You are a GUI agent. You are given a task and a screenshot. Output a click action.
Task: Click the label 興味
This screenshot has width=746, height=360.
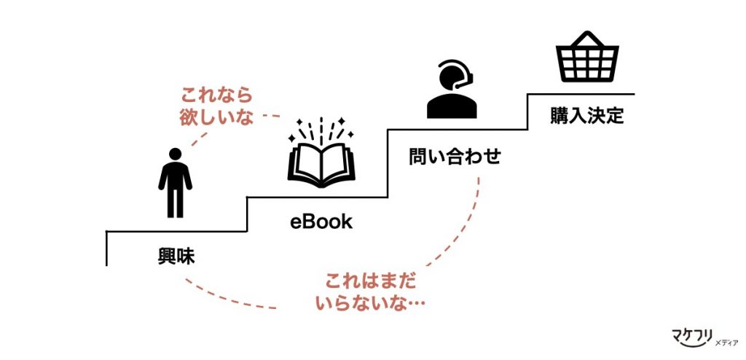pyautogui.click(x=176, y=257)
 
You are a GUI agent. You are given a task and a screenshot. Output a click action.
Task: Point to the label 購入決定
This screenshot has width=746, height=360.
pyautogui.click(x=587, y=116)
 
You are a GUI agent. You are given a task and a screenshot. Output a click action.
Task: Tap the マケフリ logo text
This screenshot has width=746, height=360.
pyautogui.click(x=691, y=337)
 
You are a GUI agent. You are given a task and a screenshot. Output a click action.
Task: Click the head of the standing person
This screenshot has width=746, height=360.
pyautogui.click(x=175, y=154)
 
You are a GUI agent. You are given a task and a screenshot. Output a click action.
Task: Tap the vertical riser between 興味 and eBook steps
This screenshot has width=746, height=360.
pyautogui.click(x=248, y=214)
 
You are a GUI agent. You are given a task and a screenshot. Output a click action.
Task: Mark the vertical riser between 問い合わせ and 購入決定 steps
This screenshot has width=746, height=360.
pyautogui.click(x=527, y=111)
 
